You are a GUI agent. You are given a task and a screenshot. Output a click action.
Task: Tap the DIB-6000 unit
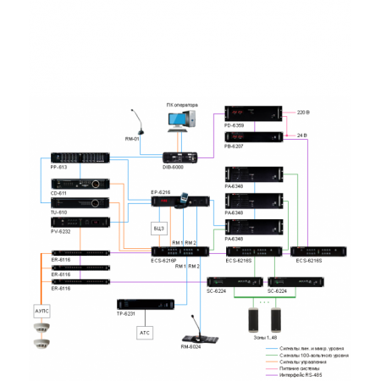179,156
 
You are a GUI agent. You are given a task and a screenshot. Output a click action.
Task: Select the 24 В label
303,135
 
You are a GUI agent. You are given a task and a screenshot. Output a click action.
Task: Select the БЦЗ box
158,229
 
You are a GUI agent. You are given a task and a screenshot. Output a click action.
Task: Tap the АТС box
145,333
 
